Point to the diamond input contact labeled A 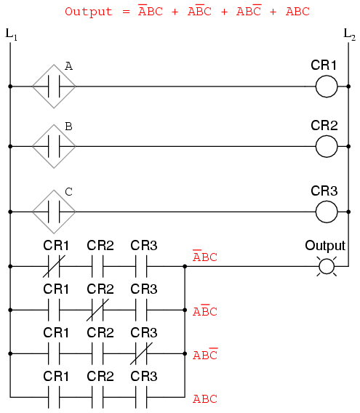click(54, 86)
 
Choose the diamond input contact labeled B click(54, 146)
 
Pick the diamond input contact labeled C click(54, 212)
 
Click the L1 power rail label click(12, 34)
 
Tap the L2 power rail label click(350, 34)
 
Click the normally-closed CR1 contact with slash click(54, 266)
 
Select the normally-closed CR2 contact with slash click(97, 310)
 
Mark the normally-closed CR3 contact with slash click(141, 353)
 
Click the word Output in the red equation click(89, 12)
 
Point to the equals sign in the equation click(127, 12)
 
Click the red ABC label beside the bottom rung click(205, 398)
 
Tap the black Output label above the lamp click(325, 246)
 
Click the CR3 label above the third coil click(324, 191)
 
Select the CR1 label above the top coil click(324, 65)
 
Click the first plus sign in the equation click(175, 12)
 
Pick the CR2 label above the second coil click(324, 125)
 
